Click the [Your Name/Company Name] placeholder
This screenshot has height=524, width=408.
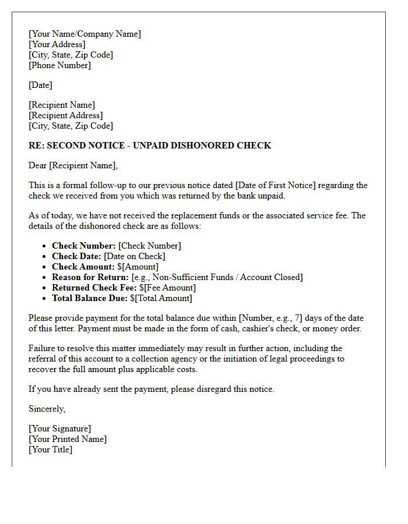click(x=85, y=34)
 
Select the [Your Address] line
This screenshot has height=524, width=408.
click(x=57, y=44)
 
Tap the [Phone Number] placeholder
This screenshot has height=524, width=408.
click(x=59, y=65)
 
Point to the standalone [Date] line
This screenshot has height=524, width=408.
click(x=40, y=85)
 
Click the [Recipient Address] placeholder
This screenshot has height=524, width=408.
click(x=65, y=115)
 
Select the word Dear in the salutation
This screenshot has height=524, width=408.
click(x=38, y=165)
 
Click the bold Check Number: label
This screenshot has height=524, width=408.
click(x=84, y=246)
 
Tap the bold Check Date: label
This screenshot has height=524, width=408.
click(x=76, y=256)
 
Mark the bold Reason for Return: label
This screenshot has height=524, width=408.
click(x=90, y=277)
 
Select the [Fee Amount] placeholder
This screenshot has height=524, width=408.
click(x=170, y=288)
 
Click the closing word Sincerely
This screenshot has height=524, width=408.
click(x=47, y=409)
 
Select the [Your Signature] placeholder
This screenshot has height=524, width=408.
click(x=59, y=429)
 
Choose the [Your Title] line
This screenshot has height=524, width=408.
click(x=50, y=449)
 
